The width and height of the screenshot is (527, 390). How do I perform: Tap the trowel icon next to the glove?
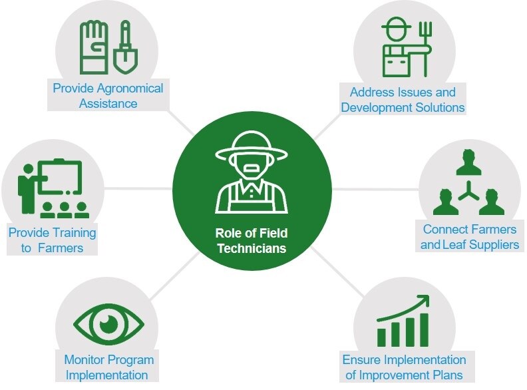[x=123, y=49]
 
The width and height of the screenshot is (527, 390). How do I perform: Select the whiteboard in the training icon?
[x=59, y=177]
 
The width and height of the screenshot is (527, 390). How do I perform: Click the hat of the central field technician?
[x=252, y=144]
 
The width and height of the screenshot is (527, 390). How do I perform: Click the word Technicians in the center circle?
[x=254, y=249]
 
